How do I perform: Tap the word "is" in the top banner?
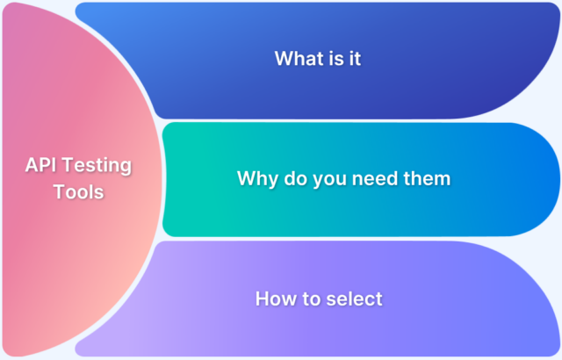[333, 58]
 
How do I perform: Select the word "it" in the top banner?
[355, 58]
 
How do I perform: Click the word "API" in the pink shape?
[40, 165]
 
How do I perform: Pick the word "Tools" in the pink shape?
[79, 191]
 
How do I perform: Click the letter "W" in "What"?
[283, 58]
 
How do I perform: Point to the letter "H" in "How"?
[262, 299]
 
